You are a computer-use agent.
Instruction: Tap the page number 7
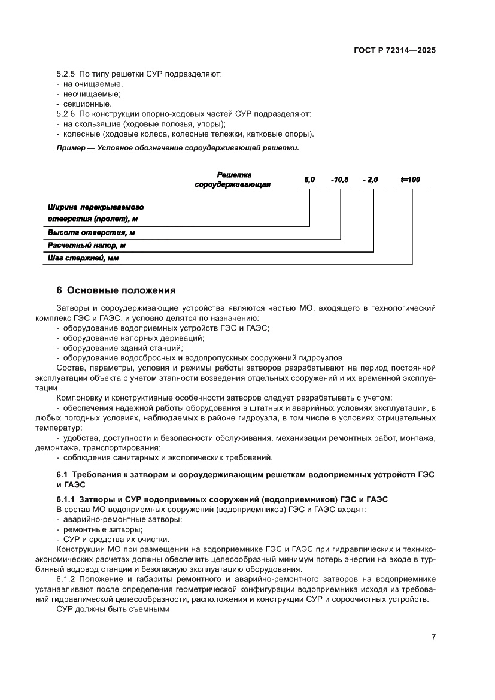click(433, 637)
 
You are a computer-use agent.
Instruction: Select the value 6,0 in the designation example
click(309, 180)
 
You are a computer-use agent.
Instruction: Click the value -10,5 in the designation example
click(339, 180)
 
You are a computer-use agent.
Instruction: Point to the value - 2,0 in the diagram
click(371, 180)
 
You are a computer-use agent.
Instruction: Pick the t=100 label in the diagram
click(411, 180)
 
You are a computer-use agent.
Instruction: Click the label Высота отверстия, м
click(91, 232)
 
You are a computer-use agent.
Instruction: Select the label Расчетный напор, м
click(87, 246)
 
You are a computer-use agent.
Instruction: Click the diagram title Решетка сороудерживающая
click(233, 179)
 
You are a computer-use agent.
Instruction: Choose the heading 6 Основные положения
click(116, 290)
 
